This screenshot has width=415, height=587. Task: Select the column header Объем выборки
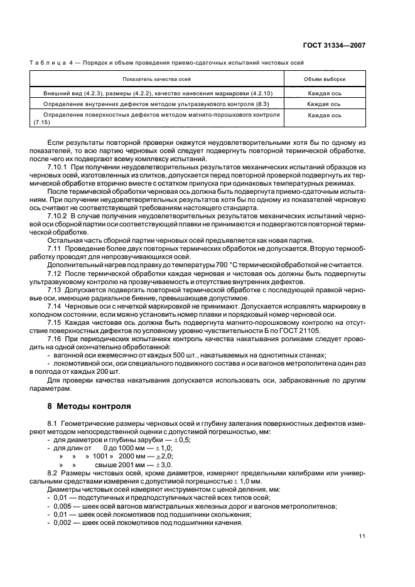click(x=325, y=80)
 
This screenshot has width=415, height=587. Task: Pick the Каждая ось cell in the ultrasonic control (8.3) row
click(x=325, y=103)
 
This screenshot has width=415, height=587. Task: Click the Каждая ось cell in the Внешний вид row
click(x=325, y=92)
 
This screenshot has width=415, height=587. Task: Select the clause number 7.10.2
click(x=59, y=215)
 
